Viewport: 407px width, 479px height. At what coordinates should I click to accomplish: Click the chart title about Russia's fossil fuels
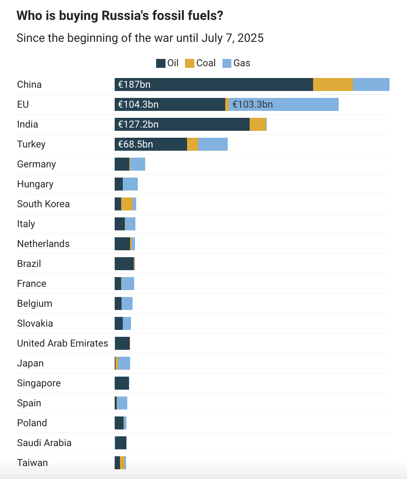[120, 16]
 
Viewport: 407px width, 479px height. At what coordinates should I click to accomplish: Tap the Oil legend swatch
[161, 63]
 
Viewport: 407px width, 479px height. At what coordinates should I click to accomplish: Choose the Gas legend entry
[237, 63]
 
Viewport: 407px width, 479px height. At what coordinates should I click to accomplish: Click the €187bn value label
[134, 85]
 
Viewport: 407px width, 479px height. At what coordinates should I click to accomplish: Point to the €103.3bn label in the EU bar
[252, 104]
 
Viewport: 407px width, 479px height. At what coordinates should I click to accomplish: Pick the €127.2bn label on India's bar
[138, 124]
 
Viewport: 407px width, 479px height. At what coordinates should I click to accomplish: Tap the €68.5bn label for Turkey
[135, 144]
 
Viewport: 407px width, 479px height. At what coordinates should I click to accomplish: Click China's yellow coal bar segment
[333, 85]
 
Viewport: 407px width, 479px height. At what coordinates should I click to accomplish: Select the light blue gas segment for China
[371, 85]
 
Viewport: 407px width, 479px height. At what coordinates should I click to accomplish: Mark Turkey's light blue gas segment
[213, 144]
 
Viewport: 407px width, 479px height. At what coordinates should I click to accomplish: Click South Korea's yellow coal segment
[127, 204]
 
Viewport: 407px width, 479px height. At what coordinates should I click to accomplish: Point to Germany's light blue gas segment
[137, 164]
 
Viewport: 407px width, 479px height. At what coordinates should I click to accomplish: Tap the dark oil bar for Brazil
[124, 264]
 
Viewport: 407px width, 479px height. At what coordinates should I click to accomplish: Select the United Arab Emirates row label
[63, 343]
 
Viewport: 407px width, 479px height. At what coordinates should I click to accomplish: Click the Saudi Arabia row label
[44, 443]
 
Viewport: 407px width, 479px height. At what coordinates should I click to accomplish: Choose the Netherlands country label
[43, 244]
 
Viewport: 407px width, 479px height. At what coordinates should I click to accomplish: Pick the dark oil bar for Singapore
[122, 383]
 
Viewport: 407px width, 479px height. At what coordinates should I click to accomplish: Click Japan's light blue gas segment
[124, 363]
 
